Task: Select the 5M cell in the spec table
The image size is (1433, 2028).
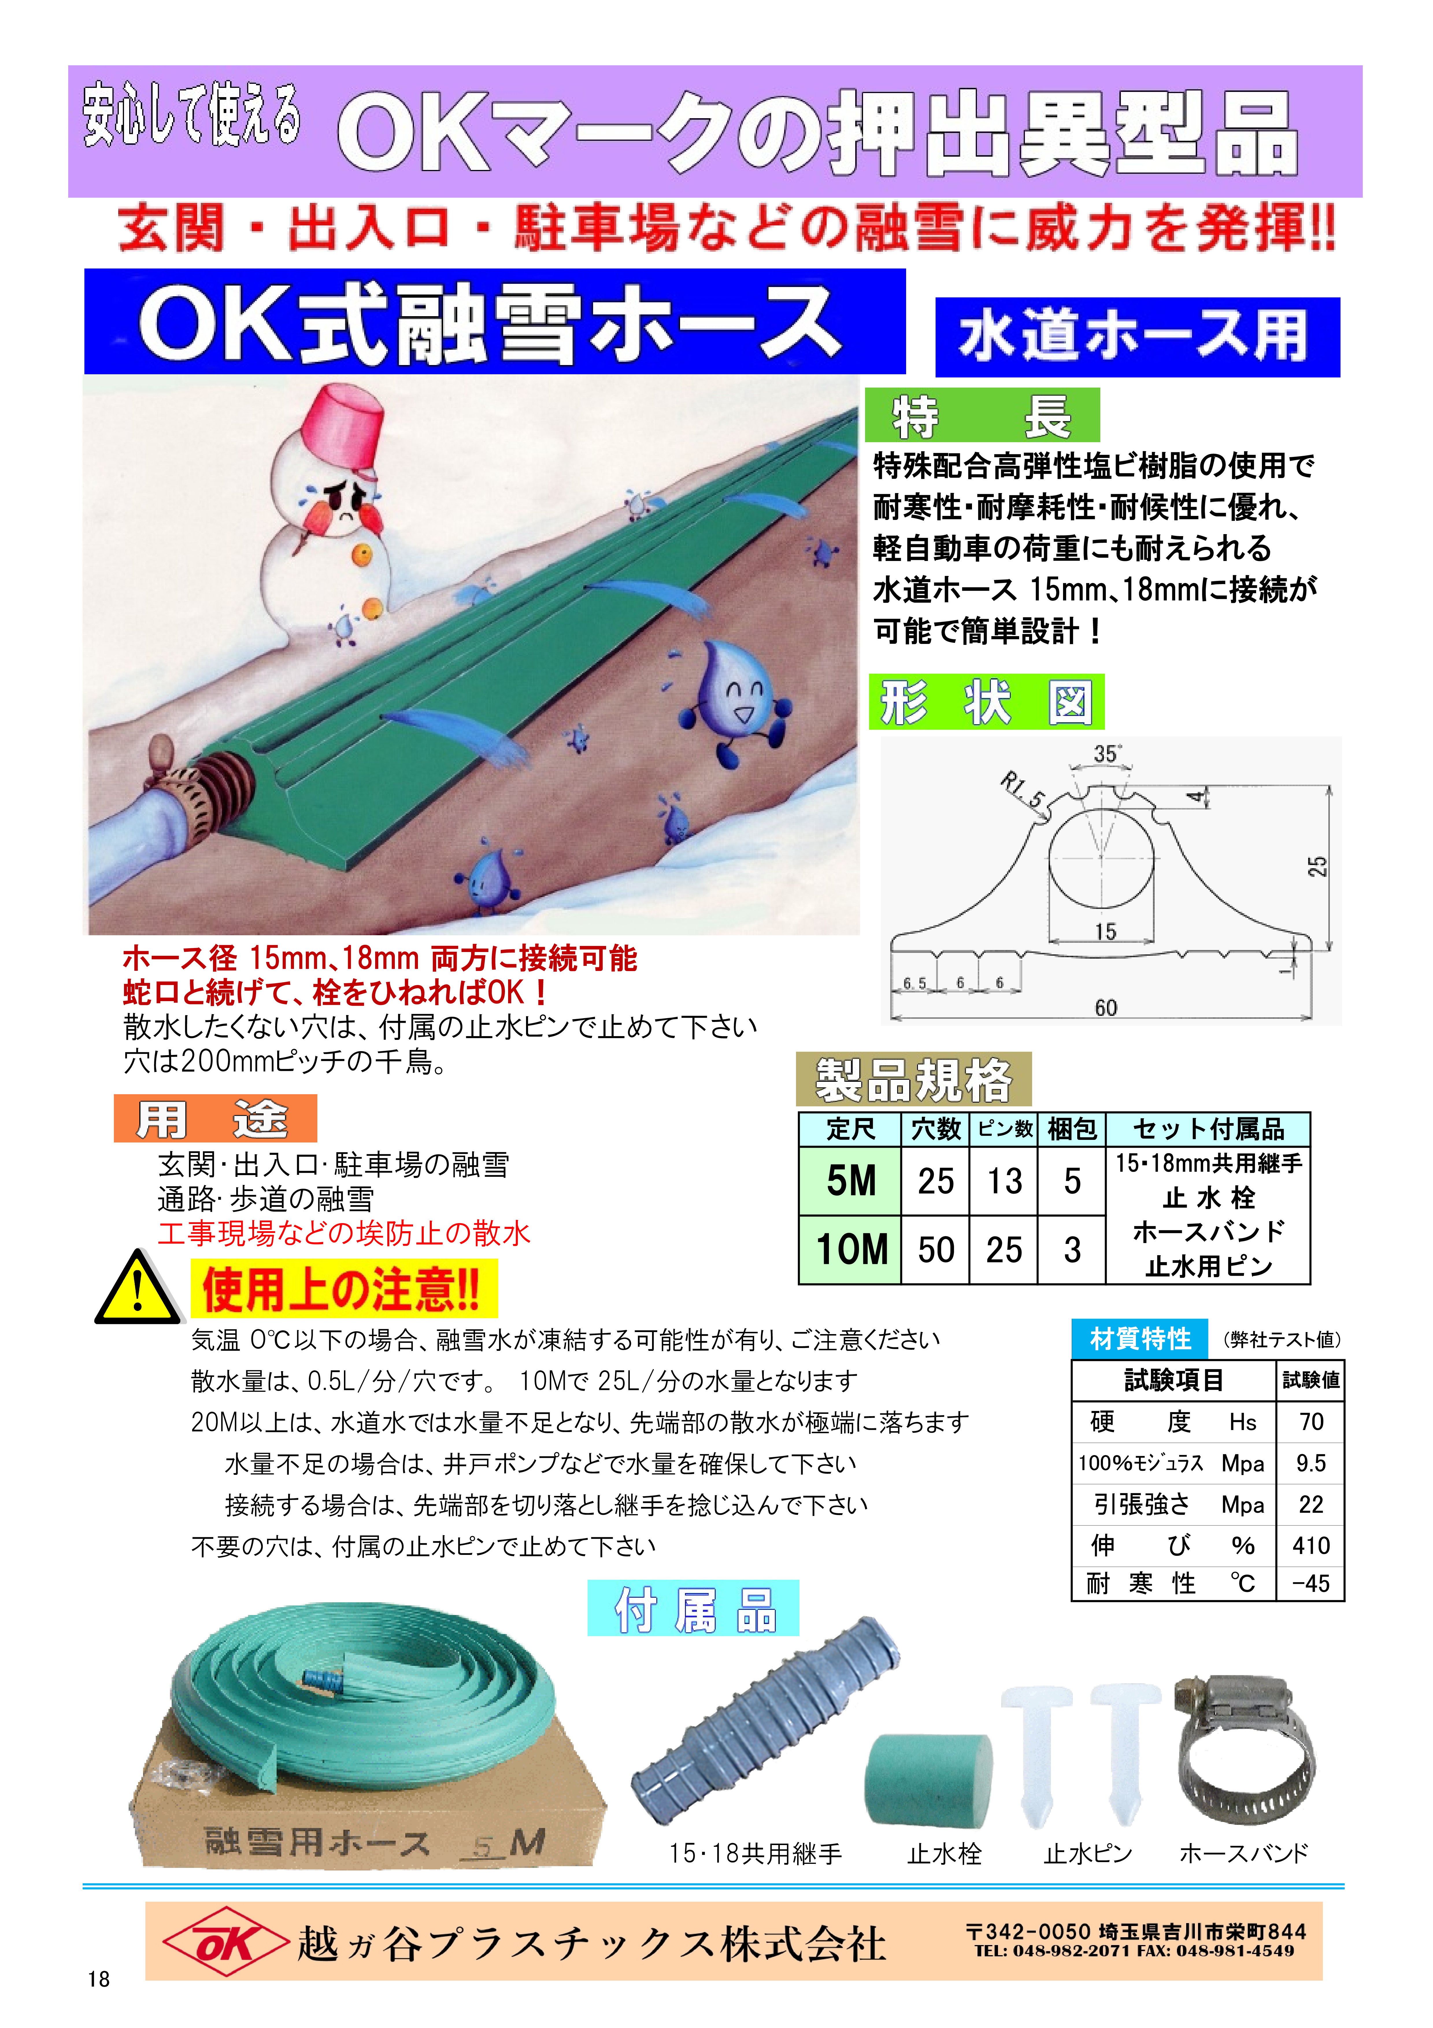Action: click(x=851, y=1181)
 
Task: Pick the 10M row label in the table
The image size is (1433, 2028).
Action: click(x=851, y=1249)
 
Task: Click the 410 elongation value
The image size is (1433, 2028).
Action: click(x=1310, y=1545)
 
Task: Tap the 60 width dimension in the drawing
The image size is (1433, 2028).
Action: click(x=1105, y=1007)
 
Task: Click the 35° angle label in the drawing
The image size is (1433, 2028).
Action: click(x=1107, y=753)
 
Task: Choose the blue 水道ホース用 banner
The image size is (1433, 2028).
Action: click(x=1137, y=336)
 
